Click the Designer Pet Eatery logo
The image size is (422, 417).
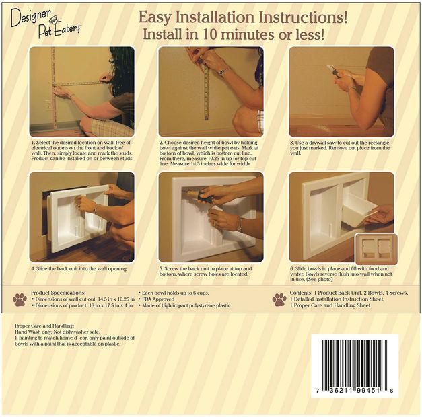(46, 23)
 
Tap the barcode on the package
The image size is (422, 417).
(355, 366)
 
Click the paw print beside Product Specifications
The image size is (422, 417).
(20, 299)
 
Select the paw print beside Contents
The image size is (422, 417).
(279, 299)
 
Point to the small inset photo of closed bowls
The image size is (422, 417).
(376, 249)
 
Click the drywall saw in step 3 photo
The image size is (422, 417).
(333, 71)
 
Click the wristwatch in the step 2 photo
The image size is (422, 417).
(222, 71)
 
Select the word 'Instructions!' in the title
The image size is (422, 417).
(303, 17)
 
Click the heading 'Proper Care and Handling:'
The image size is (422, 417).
(44, 326)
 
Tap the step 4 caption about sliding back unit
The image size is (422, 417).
(79, 268)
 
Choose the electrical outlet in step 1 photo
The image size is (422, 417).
(49, 104)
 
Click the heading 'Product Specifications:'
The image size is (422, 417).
(59, 293)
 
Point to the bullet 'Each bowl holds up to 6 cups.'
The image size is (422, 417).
(176, 293)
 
